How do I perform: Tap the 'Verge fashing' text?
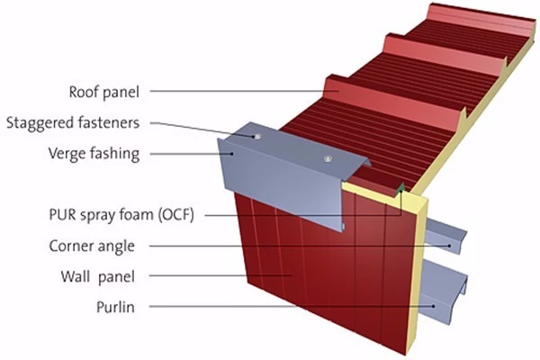pyautogui.click(x=94, y=153)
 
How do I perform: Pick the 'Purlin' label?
pyautogui.click(x=117, y=305)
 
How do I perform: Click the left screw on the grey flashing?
pyautogui.click(x=258, y=137)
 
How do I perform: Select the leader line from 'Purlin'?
pyautogui.click(x=288, y=306)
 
